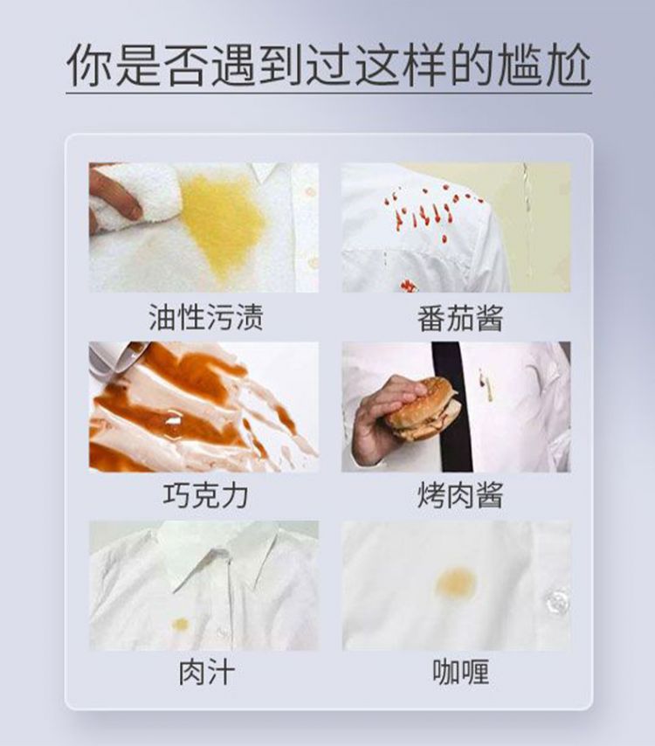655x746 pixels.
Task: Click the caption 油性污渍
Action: click(205, 317)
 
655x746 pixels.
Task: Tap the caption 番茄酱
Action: click(460, 318)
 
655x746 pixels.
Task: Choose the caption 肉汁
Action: click(206, 672)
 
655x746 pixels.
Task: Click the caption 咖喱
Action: click(460, 672)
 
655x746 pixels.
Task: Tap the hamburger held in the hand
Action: click(424, 409)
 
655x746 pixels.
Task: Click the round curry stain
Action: click(456, 584)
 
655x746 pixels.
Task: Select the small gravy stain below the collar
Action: click(181, 625)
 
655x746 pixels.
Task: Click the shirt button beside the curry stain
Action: click(557, 601)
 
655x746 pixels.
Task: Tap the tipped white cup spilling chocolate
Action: click(123, 358)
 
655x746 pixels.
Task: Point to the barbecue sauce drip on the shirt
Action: click(486, 385)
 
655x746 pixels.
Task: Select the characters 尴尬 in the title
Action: click(544, 66)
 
